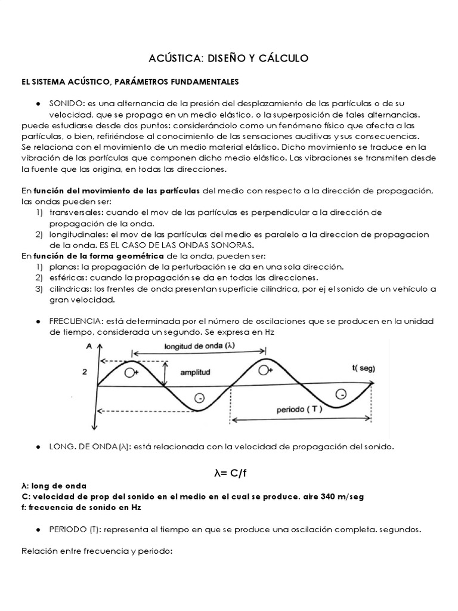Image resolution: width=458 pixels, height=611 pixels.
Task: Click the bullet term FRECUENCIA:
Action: (x=76, y=321)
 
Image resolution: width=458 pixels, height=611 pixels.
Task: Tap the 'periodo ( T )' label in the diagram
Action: (x=290, y=412)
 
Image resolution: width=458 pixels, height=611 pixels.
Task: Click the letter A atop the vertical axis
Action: (x=89, y=346)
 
